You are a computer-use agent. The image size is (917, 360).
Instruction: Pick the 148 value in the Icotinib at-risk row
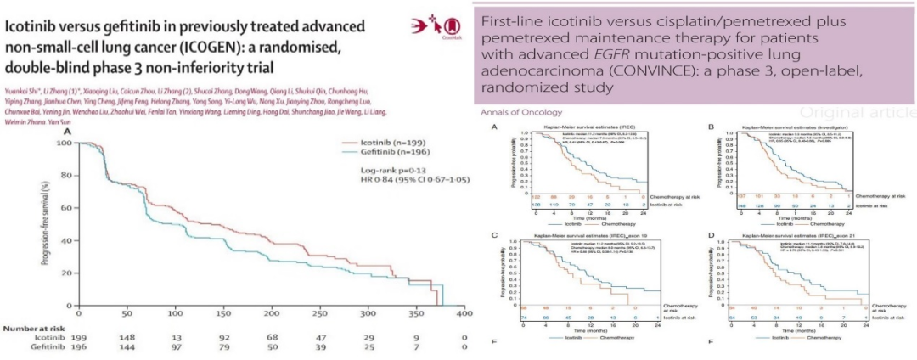click(124, 338)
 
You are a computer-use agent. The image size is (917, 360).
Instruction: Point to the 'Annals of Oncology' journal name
click(521, 112)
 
